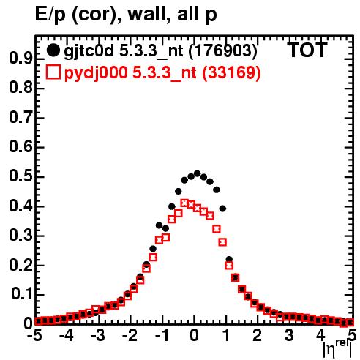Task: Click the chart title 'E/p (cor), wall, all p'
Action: tap(126, 15)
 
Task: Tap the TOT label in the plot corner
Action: tap(307, 50)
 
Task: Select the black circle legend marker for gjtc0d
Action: tap(53, 50)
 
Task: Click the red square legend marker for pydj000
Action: tap(53, 72)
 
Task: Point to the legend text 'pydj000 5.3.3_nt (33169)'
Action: tap(162, 72)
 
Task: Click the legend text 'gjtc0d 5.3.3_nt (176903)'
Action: tap(161, 51)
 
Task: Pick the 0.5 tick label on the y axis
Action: tap(20, 176)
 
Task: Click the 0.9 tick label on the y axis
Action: tap(20, 59)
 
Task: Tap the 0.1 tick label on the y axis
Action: tap(21, 294)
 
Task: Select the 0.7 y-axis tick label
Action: tap(20, 117)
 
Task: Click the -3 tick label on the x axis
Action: tap(98, 335)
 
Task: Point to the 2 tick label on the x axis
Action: tap(257, 335)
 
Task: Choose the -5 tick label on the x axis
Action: tap(34, 335)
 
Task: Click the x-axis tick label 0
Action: tap(194, 335)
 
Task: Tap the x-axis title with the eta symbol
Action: tap(337, 348)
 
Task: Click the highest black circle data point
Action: tap(197, 173)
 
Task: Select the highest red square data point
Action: tap(184, 203)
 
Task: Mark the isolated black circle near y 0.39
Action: tap(222, 209)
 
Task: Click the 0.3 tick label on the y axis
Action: tap(20, 235)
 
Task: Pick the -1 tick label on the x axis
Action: tap(162, 335)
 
